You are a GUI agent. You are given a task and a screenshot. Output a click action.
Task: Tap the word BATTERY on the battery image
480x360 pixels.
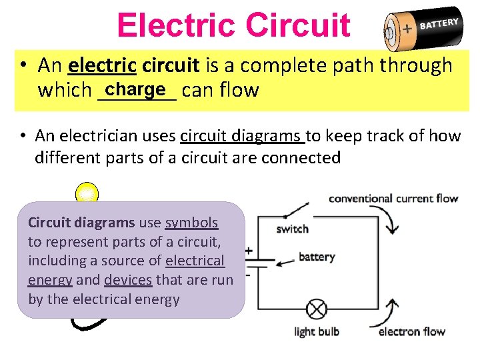(x=439, y=24)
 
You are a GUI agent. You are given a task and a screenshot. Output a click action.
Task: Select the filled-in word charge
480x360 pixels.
(x=135, y=89)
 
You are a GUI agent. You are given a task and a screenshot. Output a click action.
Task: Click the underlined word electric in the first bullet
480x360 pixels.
(x=102, y=65)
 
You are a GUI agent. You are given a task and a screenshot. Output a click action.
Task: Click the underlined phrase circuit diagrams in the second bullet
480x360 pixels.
(x=242, y=136)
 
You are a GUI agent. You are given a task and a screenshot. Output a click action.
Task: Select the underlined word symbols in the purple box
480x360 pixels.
(x=191, y=223)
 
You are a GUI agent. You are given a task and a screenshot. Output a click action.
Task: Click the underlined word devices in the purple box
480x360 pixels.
(x=128, y=280)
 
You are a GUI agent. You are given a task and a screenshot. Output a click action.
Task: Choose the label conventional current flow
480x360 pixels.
(x=393, y=198)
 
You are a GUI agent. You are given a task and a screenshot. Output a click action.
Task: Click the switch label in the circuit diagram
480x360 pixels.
(x=292, y=229)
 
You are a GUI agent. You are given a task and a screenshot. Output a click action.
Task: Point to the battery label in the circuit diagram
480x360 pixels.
(x=317, y=257)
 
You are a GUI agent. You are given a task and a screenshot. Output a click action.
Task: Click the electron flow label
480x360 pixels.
(x=411, y=331)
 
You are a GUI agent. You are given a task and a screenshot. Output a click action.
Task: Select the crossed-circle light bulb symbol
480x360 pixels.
(x=315, y=310)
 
